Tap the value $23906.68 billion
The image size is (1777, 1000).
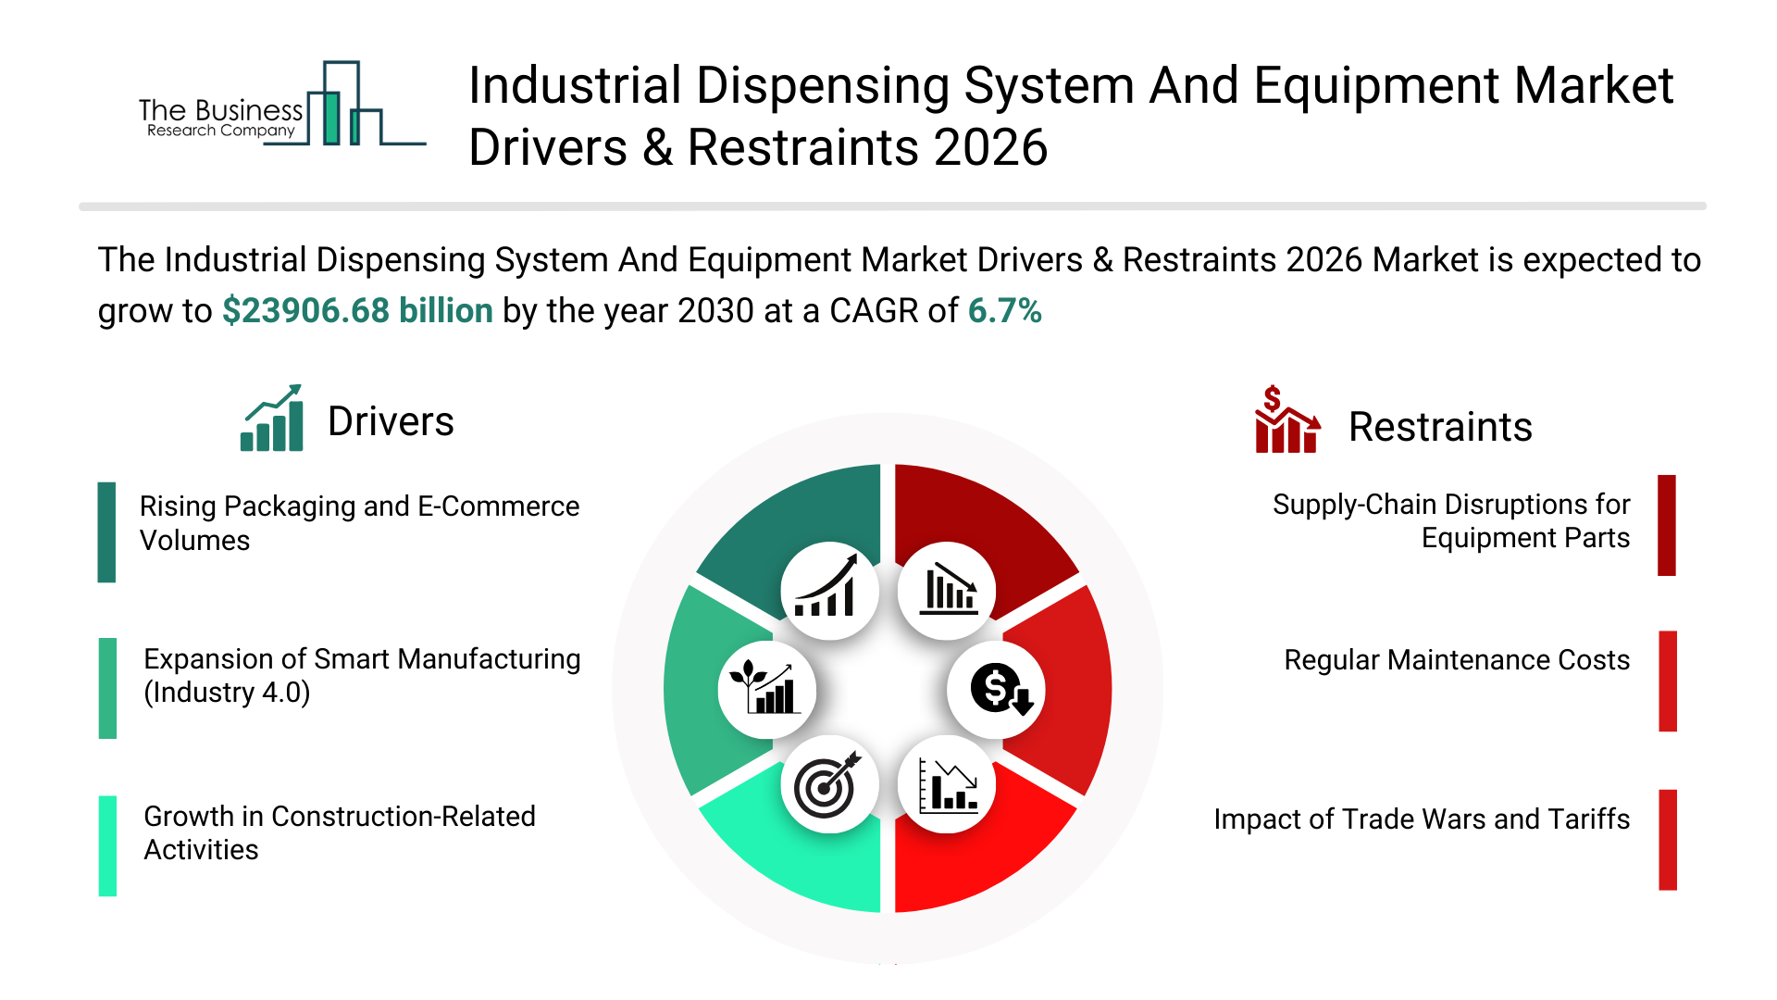click(357, 311)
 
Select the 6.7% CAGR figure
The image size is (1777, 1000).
click(1004, 311)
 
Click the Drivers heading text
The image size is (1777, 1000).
click(391, 422)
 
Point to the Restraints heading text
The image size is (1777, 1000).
click(1440, 428)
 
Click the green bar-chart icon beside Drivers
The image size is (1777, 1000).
click(272, 419)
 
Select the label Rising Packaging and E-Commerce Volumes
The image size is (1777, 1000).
click(359, 523)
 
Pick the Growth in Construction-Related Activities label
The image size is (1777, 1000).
click(339, 832)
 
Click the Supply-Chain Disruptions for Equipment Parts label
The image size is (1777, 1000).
click(1450, 521)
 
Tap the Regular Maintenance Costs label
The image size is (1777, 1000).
click(1456, 660)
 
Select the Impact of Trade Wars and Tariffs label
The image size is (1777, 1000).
click(1421, 819)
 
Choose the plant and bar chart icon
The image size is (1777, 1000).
click(765, 690)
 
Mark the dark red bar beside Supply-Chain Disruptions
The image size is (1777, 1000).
click(1667, 525)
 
